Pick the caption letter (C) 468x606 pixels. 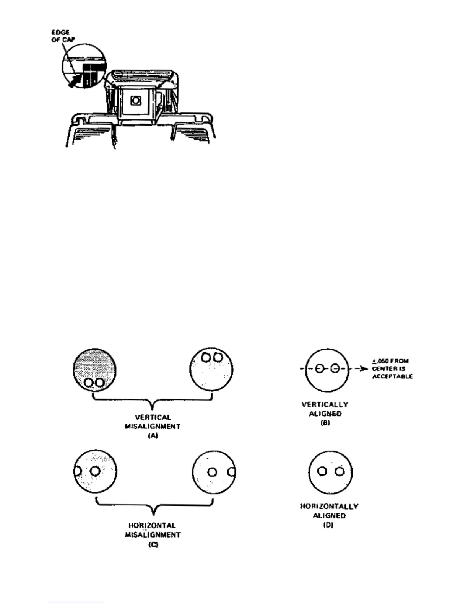153,545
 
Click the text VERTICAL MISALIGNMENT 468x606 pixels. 153,422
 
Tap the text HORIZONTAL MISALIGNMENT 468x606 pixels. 153,530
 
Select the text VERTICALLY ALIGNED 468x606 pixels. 325,409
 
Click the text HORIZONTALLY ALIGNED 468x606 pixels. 329,511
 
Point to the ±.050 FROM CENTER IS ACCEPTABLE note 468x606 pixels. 392,368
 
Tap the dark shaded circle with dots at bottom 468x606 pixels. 94,370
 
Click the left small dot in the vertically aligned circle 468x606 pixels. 320,369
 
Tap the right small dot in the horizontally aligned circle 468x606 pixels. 339,471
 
